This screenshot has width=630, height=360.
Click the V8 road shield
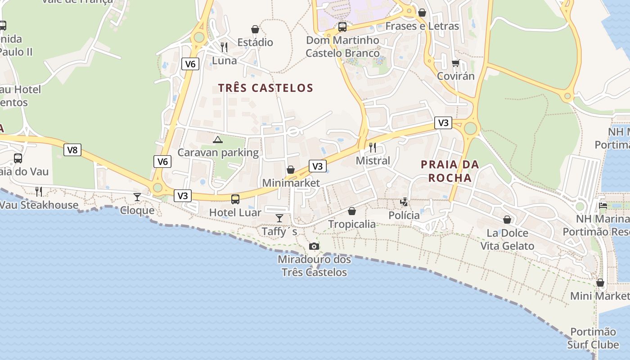[72, 150]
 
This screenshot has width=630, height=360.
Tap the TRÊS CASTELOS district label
[265, 88]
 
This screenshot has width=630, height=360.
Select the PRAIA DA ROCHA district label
[450, 171]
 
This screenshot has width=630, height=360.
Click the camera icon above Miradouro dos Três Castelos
[314, 246]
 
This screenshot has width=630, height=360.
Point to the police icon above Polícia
[404, 202]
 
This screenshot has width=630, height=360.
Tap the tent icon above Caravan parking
[218, 139]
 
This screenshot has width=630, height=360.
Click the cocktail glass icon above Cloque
[137, 197]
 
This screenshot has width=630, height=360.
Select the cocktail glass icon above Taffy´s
[279, 218]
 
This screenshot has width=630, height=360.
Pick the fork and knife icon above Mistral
[373, 147]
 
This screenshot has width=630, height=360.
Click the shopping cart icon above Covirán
[455, 63]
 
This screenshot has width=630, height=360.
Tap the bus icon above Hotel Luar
[235, 199]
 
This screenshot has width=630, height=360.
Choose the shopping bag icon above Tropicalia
[352, 211]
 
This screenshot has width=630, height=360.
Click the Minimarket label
[291, 183]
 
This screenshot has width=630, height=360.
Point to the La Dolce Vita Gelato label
[507, 239]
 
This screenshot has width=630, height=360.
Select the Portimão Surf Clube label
[593, 338]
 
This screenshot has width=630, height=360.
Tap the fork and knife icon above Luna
[224, 47]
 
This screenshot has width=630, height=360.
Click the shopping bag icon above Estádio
[255, 29]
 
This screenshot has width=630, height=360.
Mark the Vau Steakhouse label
[39, 205]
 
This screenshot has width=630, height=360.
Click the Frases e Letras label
[422, 26]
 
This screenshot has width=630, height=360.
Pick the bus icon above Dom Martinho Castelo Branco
[342, 27]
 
